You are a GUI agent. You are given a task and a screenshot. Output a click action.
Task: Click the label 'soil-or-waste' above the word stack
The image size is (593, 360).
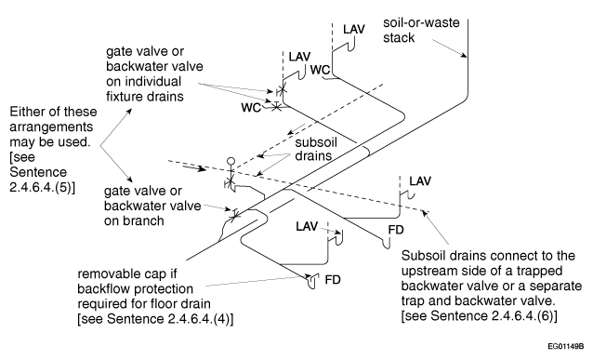click(x=421, y=22)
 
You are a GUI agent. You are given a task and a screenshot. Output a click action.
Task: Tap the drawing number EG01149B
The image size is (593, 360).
click(x=566, y=346)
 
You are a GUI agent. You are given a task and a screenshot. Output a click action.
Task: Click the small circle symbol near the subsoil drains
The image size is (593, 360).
click(x=231, y=162)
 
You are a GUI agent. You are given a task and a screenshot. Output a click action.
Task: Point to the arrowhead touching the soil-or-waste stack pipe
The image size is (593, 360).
click(x=463, y=55)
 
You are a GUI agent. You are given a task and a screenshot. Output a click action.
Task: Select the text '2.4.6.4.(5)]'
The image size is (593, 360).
click(x=43, y=187)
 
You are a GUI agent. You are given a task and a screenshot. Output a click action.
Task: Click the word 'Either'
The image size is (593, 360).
click(x=26, y=112)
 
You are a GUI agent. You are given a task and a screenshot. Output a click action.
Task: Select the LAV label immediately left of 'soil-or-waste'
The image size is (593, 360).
click(x=354, y=29)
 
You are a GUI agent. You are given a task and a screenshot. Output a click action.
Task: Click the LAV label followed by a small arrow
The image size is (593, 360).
click(x=307, y=226)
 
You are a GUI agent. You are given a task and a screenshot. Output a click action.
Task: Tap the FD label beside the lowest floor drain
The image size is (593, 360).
click(x=333, y=280)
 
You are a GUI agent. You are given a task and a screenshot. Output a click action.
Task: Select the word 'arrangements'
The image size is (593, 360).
click(x=51, y=127)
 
